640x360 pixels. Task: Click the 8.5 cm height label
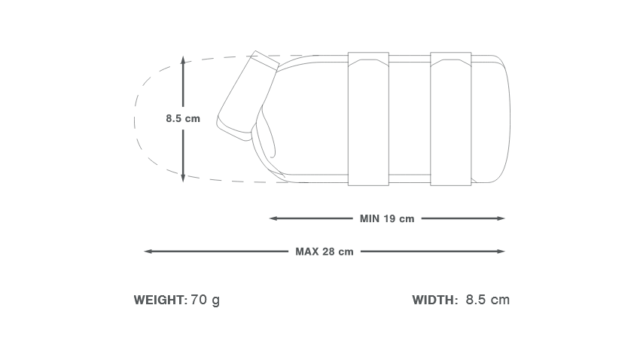click(183, 118)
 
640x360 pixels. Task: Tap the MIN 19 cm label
click(387, 219)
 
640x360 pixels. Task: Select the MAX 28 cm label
click(324, 252)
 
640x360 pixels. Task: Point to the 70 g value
click(205, 300)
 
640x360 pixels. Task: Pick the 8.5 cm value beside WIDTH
click(487, 300)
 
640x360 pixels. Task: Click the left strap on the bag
click(368, 118)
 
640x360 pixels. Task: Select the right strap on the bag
click(450, 118)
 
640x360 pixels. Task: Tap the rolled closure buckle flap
click(248, 94)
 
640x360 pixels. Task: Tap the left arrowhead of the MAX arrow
click(147, 251)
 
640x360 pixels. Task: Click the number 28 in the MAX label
click(328, 252)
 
